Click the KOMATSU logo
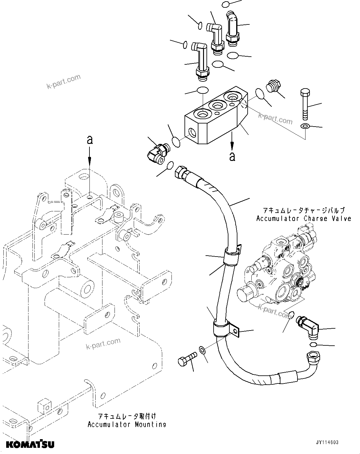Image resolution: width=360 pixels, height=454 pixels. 30,444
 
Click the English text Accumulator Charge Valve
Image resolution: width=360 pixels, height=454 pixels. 304,218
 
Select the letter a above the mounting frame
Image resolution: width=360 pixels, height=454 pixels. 90,140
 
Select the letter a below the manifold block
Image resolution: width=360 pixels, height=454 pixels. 232,156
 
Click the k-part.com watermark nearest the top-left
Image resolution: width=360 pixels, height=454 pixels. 63,81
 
